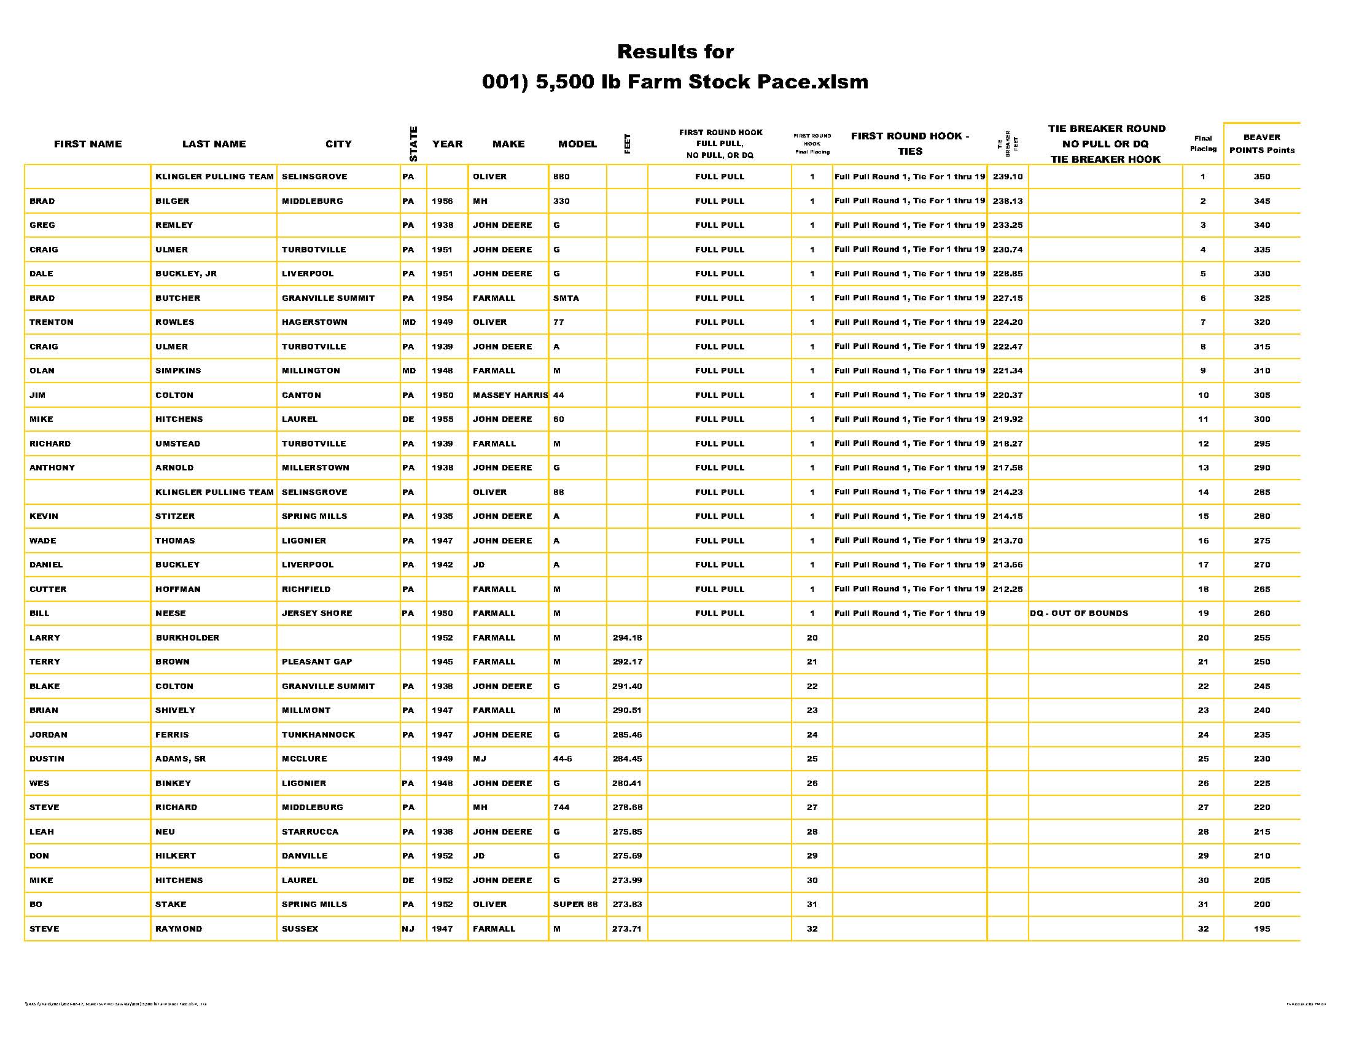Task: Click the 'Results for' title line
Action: click(675, 52)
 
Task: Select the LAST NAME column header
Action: click(214, 144)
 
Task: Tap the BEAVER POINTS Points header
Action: click(1261, 144)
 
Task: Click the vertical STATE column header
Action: click(414, 144)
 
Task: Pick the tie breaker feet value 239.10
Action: click(1007, 177)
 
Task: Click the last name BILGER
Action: click(173, 201)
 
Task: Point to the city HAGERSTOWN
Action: click(314, 322)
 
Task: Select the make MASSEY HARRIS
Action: click(510, 395)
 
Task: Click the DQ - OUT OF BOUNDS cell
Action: click(1079, 614)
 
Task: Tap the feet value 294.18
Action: click(626, 637)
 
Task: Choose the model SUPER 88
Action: click(575, 904)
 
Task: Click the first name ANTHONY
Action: click(52, 467)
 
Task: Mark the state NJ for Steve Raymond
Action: click(408, 929)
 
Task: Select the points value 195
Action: click(1261, 929)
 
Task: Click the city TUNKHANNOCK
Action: click(318, 734)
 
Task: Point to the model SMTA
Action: click(566, 298)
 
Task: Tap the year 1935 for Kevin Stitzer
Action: click(442, 516)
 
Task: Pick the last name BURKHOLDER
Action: click(187, 637)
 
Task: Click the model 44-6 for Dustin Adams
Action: click(563, 759)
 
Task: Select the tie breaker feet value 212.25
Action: click(1007, 590)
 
